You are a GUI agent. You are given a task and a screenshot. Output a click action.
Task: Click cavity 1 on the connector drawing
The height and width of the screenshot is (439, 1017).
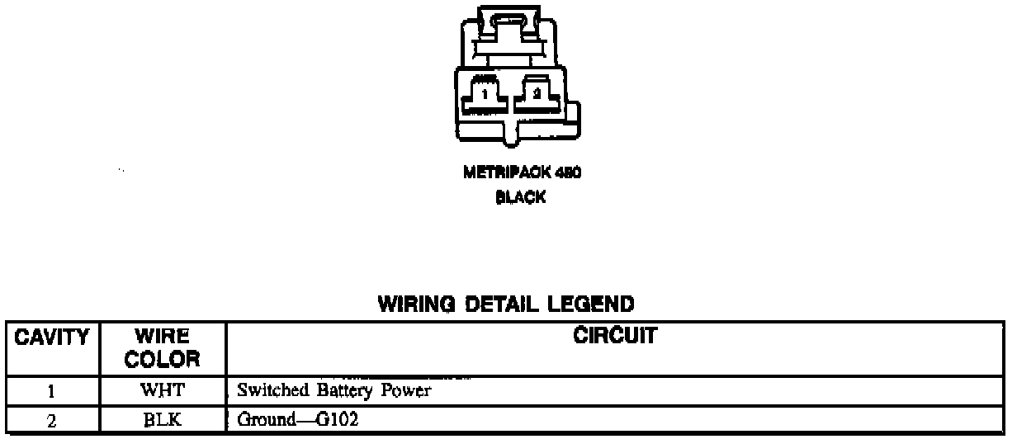[485, 94]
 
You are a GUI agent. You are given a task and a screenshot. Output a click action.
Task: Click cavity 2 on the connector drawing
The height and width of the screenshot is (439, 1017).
[537, 94]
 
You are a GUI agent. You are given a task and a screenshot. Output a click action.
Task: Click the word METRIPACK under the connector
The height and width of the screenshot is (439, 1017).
[501, 173]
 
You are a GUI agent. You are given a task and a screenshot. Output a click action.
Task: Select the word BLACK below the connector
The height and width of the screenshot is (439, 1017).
[520, 198]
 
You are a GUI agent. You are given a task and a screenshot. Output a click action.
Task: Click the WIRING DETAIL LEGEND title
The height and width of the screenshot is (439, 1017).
[506, 304]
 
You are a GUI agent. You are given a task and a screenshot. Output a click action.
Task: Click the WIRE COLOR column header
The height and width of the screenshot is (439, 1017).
[163, 347]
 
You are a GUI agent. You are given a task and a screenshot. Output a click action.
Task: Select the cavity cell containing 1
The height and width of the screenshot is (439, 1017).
[51, 390]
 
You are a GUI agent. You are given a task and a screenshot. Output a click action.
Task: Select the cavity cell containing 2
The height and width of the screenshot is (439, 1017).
[51, 420]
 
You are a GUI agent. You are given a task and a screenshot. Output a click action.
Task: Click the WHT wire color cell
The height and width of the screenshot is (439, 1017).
[162, 390]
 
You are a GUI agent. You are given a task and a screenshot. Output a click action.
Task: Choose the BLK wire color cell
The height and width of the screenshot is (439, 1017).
[162, 420]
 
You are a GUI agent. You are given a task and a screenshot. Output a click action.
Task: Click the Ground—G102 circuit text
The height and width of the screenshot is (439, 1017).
[286, 420]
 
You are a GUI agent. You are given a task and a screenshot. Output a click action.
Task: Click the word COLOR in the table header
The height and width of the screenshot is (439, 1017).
[163, 359]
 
